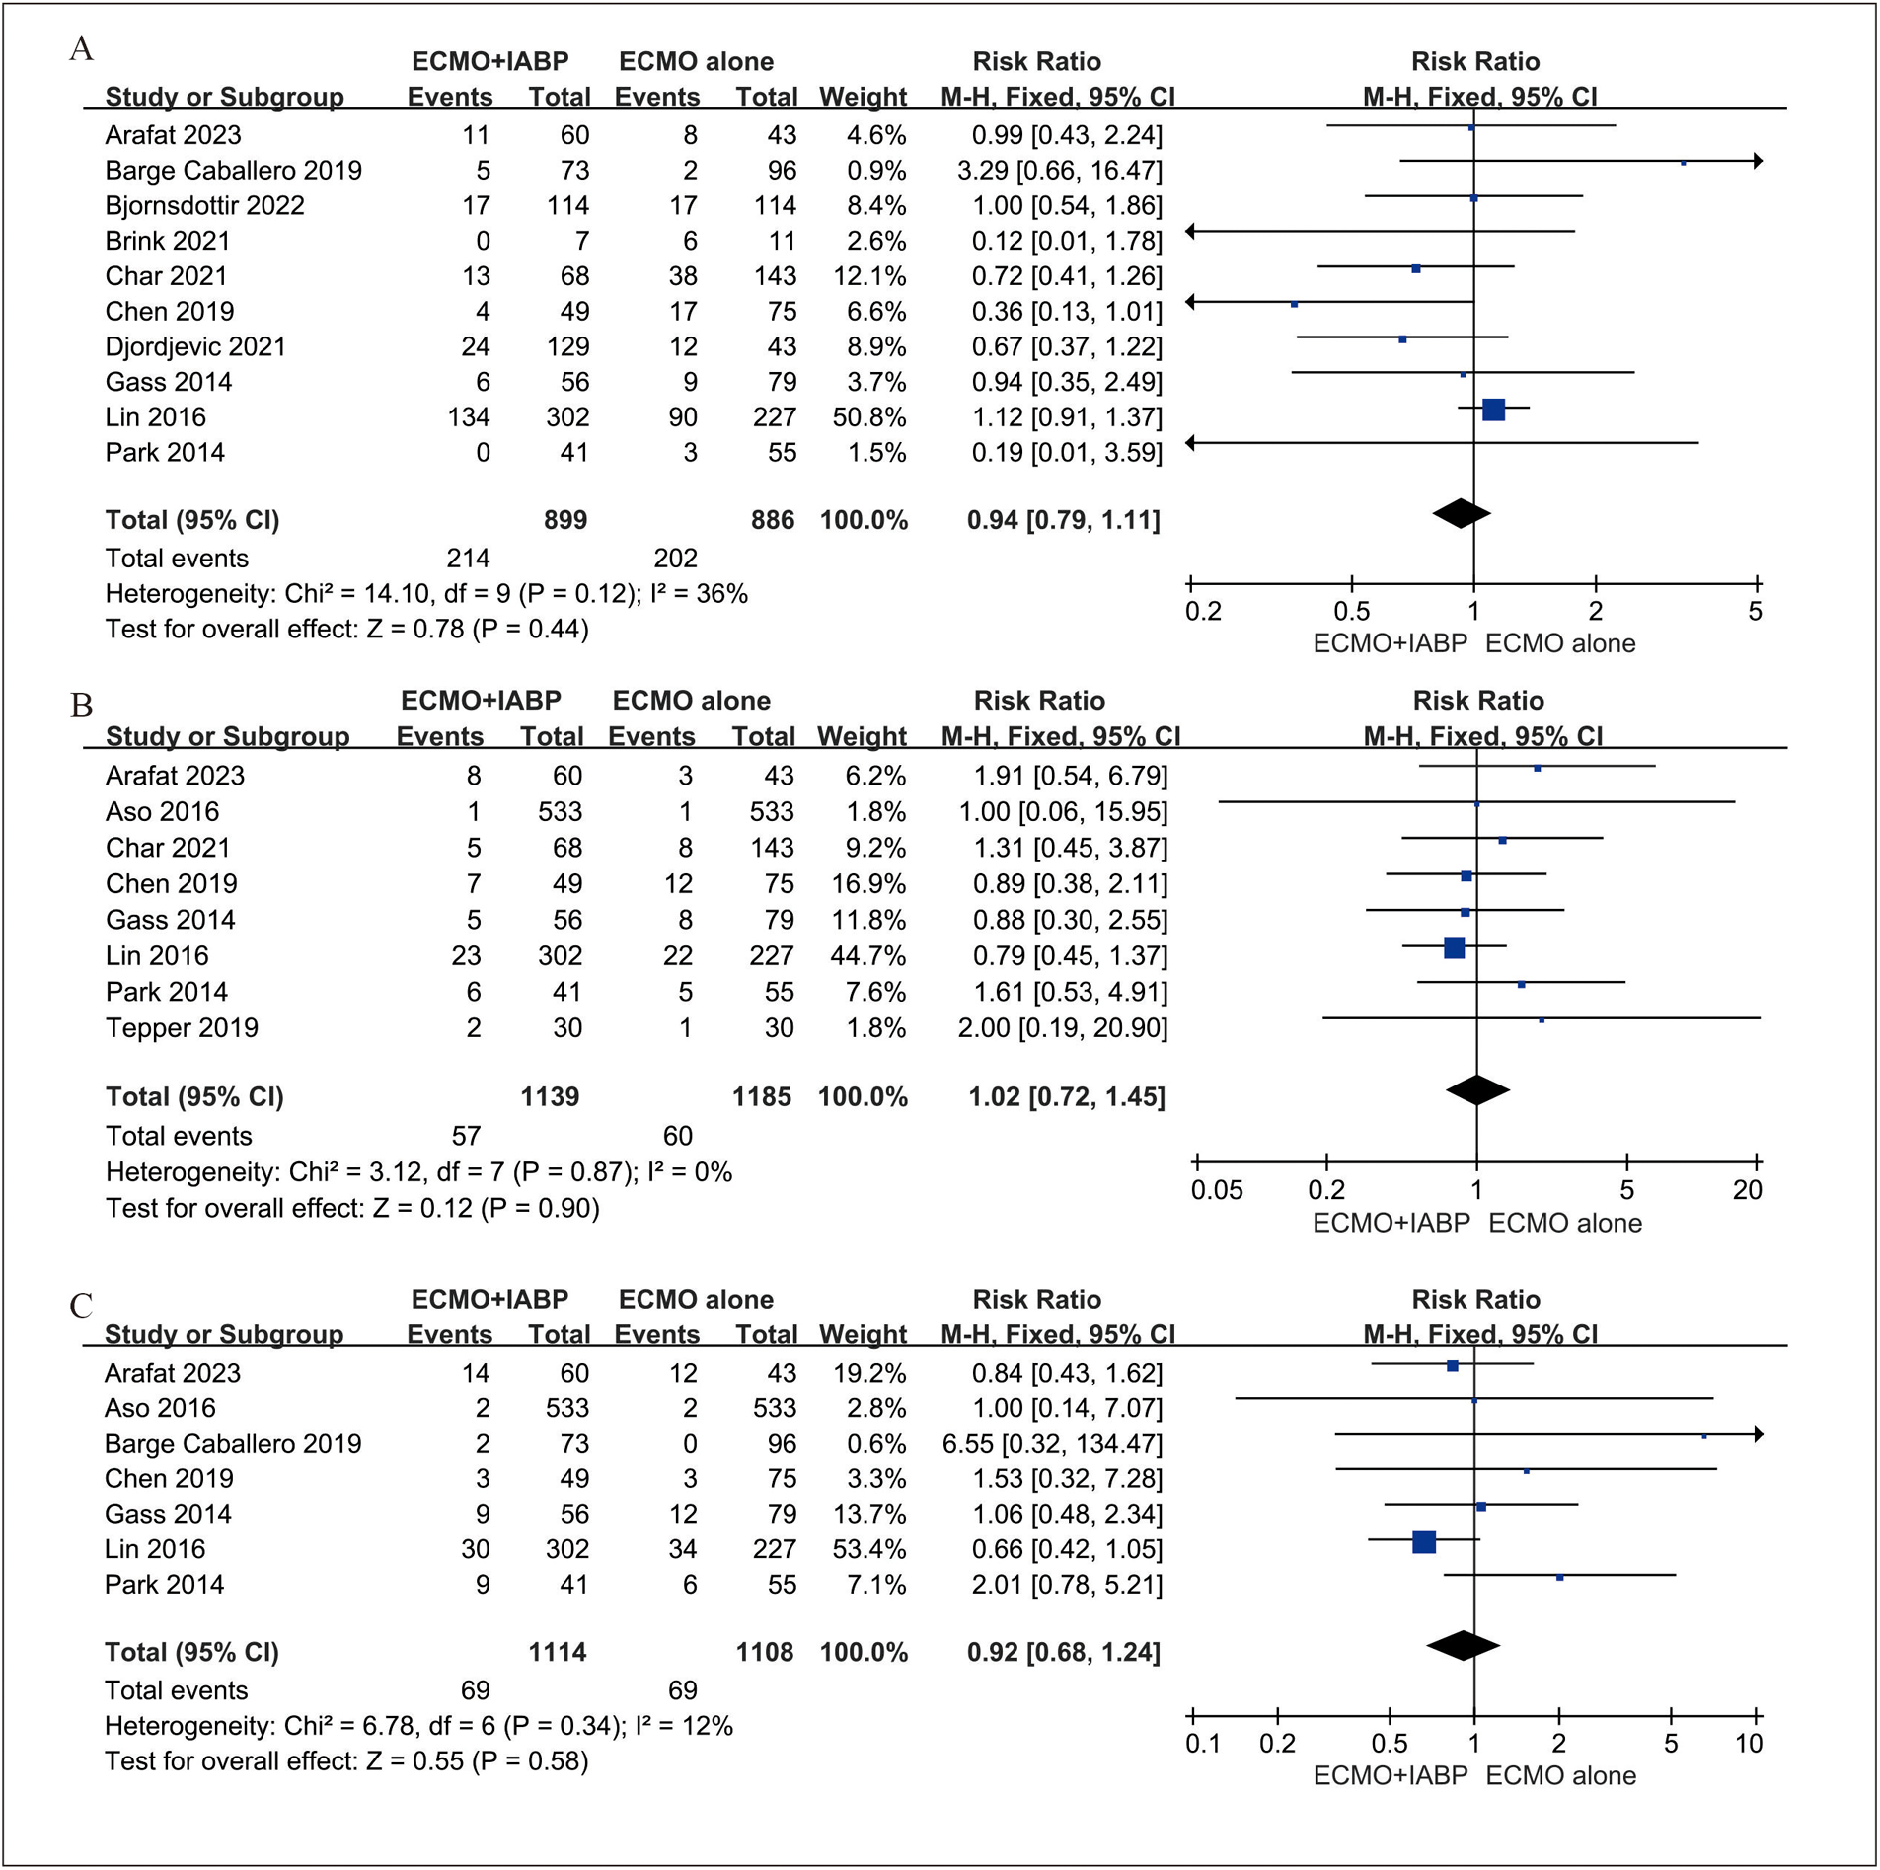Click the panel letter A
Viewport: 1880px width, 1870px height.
pyautogui.click(x=82, y=48)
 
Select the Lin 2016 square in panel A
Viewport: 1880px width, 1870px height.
pyautogui.click(x=1493, y=410)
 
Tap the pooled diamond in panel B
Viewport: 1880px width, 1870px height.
pyautogui.click(x=1477, y=1090)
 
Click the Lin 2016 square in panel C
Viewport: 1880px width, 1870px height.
pyautogui.click(x=1423, y=1541)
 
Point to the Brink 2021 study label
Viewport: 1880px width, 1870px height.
pyautogui.click(x=168, y=241)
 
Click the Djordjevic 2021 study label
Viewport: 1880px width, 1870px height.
pyautogui.click(x=195, y=347)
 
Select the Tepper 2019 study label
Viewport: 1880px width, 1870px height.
pyautogui.click(x=182, y=1027)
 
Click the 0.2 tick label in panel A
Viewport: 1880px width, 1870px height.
pyautogui.click(x=1203, y=612)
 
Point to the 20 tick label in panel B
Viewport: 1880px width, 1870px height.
pyautogui.click(x=1747, y=1190)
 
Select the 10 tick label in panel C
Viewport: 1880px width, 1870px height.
pyautogui.click(x=1749, y=1744)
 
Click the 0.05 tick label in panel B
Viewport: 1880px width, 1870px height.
pyautogui.click(x=1216, y=1190)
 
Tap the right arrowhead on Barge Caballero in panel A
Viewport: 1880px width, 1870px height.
pyautogui.click(x=1758, y=161)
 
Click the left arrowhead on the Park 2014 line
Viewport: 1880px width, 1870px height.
pyautogui.click(x=1190, y=443)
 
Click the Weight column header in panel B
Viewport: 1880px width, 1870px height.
pyautogui.click(x=862, y=736)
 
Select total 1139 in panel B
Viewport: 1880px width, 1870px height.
pyautogui.click(x=550, y=1096)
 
